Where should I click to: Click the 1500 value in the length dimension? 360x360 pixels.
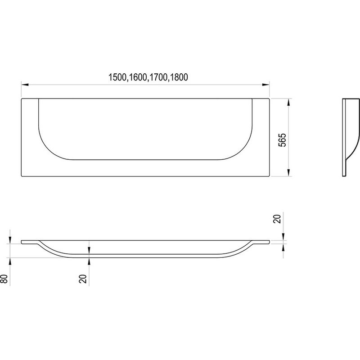click(117, 77)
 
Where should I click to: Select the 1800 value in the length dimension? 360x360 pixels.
click(179, 77)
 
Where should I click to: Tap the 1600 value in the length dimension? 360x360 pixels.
click(138, 77)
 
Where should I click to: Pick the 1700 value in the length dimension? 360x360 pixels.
click(158, 77)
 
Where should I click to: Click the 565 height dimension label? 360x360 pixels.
click(283, 140)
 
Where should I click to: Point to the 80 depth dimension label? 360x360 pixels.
click(5, 279)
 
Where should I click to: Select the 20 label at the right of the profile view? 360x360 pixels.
click(277, 219)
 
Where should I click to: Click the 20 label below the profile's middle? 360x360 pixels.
click(83, 279)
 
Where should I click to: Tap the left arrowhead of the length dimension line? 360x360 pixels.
click(25, 85)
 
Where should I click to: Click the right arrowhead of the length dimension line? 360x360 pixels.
click(266, 85)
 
